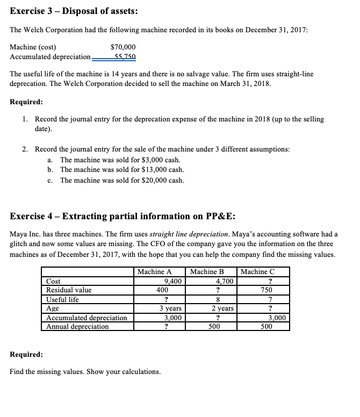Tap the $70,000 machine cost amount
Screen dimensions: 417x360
(123, 47)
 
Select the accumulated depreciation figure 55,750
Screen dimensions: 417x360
(125, 56)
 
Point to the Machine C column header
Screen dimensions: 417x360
(263, 271)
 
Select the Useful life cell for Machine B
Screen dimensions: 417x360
(217, 299)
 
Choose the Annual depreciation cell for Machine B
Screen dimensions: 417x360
(217, 326)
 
